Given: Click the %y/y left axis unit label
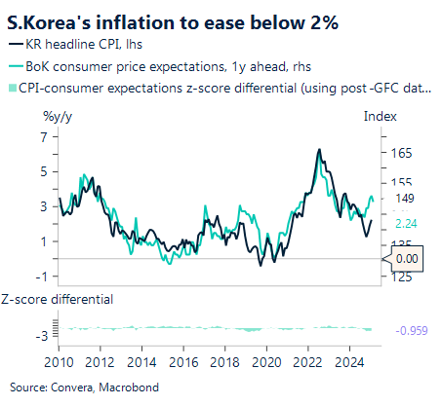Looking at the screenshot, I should coord(57,116).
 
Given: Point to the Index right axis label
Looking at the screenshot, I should coord(380,116).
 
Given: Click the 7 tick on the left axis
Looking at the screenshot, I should coord(44,136).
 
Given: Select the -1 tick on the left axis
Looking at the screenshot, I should coord(42,276).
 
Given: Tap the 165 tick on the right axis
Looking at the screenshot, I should coord(400,154).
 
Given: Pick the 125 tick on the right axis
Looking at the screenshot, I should coord(400,276).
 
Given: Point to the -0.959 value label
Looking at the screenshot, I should coord(413,330).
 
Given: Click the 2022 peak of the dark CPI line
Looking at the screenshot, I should coord(320,149).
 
